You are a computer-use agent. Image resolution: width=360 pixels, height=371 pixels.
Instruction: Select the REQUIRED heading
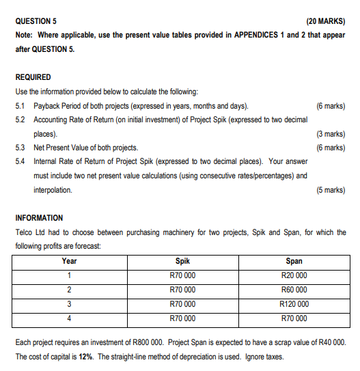tap(32, 77)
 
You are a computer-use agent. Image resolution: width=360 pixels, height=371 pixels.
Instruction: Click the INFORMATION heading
tap(39, 218)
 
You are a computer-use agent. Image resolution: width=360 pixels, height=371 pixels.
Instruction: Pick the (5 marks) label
tap(331, 190)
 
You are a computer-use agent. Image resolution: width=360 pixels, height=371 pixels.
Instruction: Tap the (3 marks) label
tap(331, 134)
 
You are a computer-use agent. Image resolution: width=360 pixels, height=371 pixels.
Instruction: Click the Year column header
tap(69, 261)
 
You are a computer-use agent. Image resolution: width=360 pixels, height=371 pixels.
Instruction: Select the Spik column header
tap(182, 261)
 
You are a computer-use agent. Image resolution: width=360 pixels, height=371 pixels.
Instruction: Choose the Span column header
tap(294, 261)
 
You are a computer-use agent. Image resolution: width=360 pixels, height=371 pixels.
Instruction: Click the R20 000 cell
tap(294, 275)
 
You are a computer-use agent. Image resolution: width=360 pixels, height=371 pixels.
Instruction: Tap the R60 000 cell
tap(294, 290)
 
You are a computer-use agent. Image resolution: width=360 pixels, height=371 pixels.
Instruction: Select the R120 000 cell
tap(294, 304)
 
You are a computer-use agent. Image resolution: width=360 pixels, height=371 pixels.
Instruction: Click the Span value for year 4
tap(294, 318)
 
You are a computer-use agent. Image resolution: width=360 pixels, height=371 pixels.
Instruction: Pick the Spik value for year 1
tap(182, 275)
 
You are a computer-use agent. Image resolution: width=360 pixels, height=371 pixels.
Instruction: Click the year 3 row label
tap(69, 304)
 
